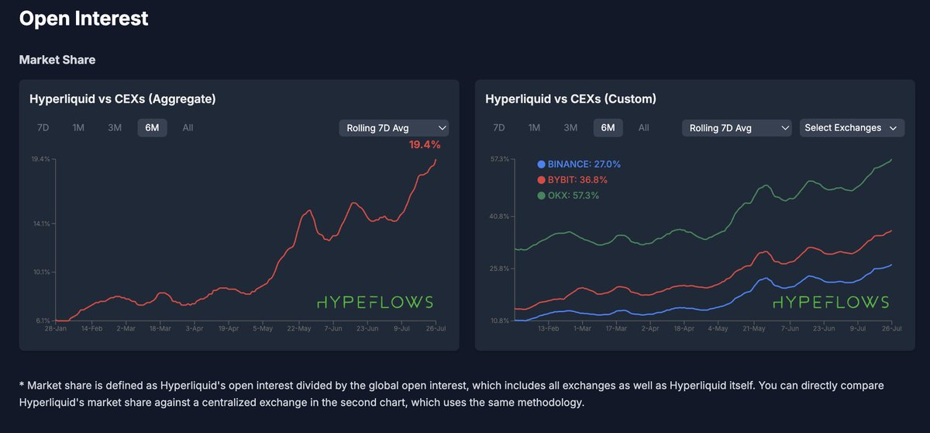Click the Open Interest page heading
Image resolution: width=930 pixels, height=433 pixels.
pos(84,19)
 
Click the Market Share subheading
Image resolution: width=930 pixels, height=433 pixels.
pos(57,60)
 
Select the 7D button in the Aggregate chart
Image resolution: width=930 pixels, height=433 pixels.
pos(43,128)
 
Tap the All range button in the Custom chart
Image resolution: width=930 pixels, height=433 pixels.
pos(643,128)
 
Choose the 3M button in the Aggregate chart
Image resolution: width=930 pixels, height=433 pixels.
pos(115,128)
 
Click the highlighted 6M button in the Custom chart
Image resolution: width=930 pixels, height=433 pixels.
pos(608,128)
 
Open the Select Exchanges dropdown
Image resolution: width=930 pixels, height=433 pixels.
pos(851,128)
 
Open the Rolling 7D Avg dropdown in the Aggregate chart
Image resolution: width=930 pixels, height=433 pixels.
pos(394,128)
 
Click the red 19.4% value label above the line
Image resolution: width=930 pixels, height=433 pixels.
pos(425,145)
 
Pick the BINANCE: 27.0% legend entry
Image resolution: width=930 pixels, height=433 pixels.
pos(578,165)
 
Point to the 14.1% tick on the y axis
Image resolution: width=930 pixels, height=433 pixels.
pos(40,223)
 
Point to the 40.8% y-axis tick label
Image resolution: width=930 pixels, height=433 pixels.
pos(498,216)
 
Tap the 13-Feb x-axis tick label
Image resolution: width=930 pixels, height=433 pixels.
pos(548,329)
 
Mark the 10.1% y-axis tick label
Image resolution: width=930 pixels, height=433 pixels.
pos(40,272)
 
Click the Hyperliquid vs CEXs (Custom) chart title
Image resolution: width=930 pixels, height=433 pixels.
pos(570,99)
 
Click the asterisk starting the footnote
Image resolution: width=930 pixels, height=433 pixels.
pos(22,386)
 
